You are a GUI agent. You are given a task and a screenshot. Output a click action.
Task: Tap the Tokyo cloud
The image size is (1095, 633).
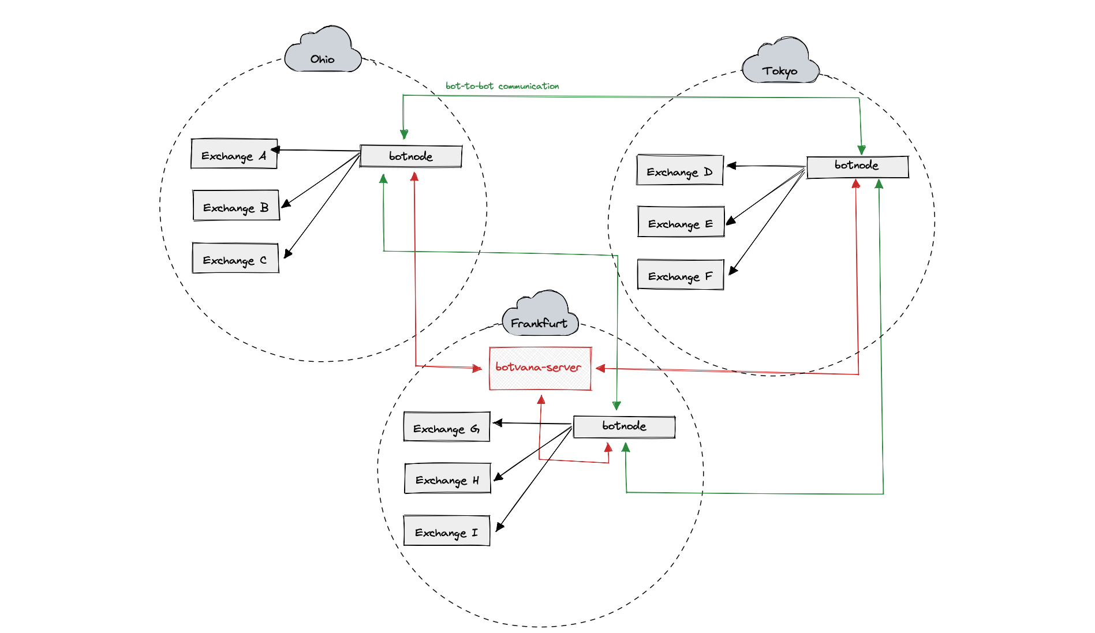[780, 61]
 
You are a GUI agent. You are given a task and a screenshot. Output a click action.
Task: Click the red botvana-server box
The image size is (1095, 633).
[540, 368]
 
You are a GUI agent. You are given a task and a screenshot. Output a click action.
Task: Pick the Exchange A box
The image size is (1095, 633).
[234, 153]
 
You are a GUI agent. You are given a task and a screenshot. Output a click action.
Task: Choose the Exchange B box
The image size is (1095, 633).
[236, 205]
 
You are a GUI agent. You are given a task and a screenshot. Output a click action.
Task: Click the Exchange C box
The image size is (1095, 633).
[236, 258]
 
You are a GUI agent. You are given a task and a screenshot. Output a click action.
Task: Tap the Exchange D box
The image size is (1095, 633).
[680, 170]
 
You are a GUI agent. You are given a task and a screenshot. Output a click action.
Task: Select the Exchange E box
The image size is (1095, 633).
[681, 222]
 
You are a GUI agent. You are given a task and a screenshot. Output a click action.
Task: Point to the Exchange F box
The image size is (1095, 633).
[681, 275]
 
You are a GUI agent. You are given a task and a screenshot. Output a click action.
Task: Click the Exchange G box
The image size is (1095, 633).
[447, 427]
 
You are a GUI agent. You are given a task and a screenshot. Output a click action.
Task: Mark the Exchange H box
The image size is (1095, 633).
[448, 478]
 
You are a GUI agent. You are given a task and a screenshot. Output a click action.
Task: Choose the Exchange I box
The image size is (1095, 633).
[447, 531]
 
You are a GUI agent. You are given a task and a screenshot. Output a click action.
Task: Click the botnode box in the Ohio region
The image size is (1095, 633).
[411, 156]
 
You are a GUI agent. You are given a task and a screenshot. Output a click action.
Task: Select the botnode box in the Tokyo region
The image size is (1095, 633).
[858, 167]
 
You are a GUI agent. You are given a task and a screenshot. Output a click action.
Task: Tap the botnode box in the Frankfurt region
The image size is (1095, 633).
[624, 427]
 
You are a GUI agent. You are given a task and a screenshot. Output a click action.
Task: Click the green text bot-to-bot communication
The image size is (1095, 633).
[502, 86]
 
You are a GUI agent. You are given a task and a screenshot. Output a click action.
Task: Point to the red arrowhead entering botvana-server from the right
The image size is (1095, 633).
[600, 368]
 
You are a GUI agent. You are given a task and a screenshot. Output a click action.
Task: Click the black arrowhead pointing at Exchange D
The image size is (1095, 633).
[731, 166]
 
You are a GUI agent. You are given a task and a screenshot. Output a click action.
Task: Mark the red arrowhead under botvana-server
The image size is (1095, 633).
[541, 399]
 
